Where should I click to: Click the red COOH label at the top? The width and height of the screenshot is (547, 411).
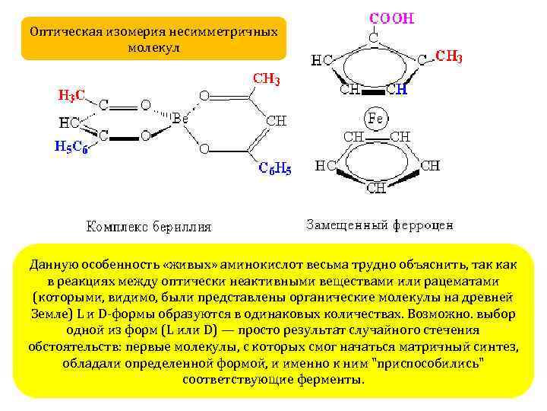(391, 18)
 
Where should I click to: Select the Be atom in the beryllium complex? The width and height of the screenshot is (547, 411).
(180, 119)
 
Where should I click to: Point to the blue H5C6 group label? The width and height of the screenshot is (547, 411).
(71, 148)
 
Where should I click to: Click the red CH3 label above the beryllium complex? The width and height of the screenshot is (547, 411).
(266, 78)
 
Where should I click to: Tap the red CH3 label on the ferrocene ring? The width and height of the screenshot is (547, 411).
(449, 56)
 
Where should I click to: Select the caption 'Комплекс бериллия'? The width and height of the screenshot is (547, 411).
(149, 226)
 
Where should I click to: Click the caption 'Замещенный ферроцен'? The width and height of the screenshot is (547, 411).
(379, 225)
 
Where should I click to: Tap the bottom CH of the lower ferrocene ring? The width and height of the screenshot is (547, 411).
(375, 187)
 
